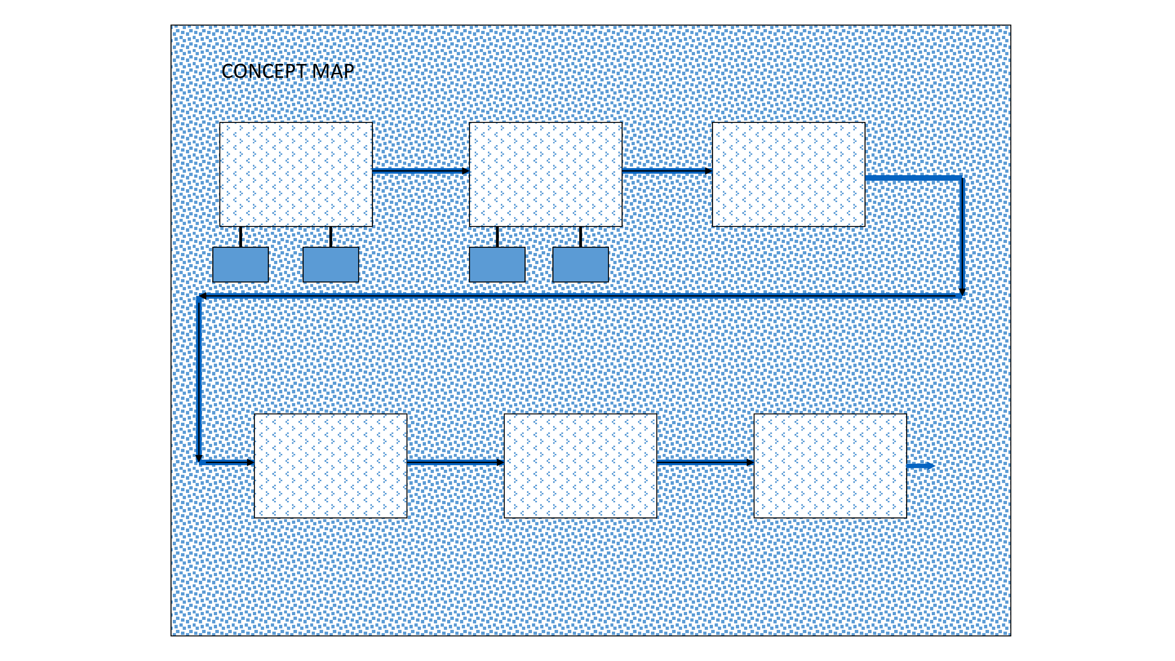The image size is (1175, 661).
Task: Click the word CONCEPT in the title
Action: coord(264,72)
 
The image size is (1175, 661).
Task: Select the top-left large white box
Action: coord(296,174)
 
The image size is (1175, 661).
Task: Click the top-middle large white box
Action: coord(545,174)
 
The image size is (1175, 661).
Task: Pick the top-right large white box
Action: coord(789,174)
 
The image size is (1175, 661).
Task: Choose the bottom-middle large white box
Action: coord(580,466)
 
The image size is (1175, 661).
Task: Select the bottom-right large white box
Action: coord(830,466)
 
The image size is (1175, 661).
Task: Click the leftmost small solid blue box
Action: coord(240,265)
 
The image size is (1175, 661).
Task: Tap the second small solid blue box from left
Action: coord(331,265)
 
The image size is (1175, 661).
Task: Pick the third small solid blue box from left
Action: coord(497,265)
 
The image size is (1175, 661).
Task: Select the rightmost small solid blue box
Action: coord(580,265)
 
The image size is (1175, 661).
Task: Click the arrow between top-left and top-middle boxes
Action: coord(421,171)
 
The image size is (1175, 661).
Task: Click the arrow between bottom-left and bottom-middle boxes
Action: coord(456,463)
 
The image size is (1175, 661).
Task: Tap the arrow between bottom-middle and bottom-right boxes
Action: coord(706,463)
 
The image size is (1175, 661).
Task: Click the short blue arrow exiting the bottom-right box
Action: coord(921,466)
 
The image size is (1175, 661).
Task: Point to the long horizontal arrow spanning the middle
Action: coord(579,296)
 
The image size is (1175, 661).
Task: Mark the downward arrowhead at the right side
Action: coord(962,292)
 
